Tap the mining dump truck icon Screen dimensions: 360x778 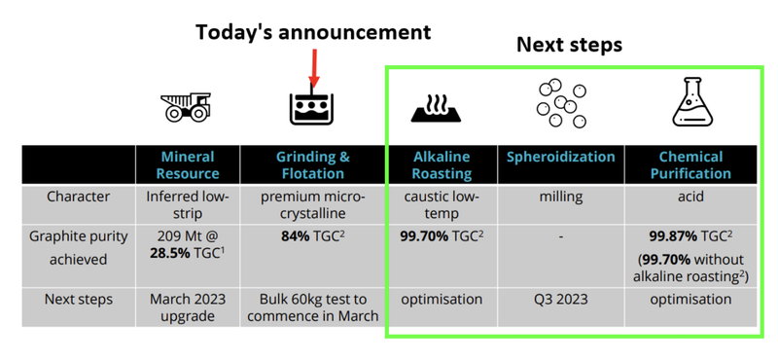point(187,105)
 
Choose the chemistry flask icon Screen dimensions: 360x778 point(690,101)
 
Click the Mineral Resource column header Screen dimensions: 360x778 point(188,164)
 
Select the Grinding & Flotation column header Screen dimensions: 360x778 point(311,164)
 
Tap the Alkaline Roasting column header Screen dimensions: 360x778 point(442,164)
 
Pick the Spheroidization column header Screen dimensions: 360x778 point(561,157)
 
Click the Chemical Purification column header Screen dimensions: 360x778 point(690,164)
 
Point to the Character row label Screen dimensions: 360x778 point(79,196)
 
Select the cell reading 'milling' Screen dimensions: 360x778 point(561,196)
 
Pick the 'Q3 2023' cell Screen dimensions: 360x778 point(561,300)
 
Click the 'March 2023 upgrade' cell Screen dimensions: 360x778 point(188,308)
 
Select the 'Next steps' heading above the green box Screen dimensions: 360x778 point(569,45)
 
